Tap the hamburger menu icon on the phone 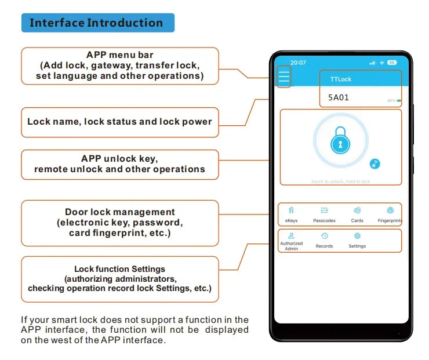pyautogui.click(x=283, y=77)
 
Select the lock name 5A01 pyautogui.click(x=339, y=97)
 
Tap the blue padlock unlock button pyautogui.click(x=340, y=141)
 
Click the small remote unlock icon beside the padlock pyautogui.click(x=375, y=164)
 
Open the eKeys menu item pyautogui.click(x=291, y=214)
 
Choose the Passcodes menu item pyautogui.click(x=324, y=214)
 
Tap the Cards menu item pyautogui.click(x=357, y=214)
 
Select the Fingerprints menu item pyautogui.click(x=390, y=214)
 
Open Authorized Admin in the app pyautogui.click(x=291, y=241)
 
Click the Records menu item pyautogui.click(x=324, y=240)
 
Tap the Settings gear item pyautogui.click(x=357, y=240)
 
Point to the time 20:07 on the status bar pyautogui.click(x=298, y=62)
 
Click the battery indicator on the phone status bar pyautogui.click(x=392, y=62)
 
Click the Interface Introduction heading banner pyautogui.click(x=96, y=23)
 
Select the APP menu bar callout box pyautogui.click(x=120, y=66)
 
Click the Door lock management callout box pyautogui.click(x=120, y=223)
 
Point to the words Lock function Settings pyautogui.click(x=119, y=269)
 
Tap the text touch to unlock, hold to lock pyautogui.click(x=340, y=181)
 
